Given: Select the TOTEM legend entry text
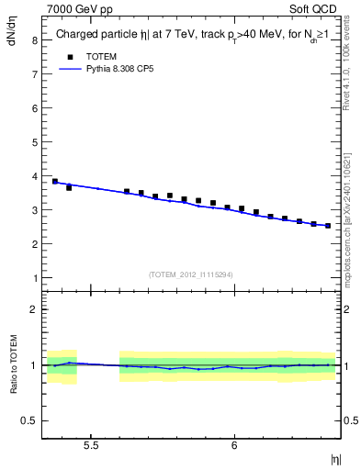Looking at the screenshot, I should (103, 56).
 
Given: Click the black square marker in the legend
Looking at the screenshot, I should (69, 56).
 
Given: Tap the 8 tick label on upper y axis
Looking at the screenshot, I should (33, 40).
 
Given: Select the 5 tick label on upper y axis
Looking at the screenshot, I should (33, 142).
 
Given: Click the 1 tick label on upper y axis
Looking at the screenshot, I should (33, 278).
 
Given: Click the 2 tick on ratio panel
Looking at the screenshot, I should (33, 309).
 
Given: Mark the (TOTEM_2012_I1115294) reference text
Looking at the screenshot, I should (191, 274).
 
